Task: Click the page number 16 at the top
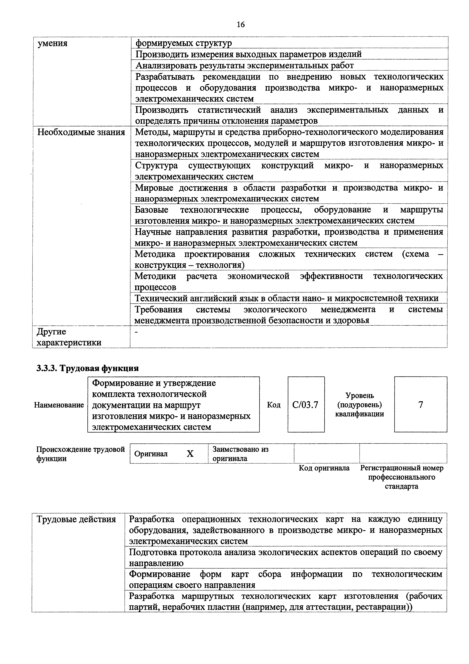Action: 240,25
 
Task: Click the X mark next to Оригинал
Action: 190,454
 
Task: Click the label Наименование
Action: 59,405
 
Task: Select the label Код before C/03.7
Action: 273,405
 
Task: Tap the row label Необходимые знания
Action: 81,132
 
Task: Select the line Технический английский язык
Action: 286,298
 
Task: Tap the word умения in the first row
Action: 53,43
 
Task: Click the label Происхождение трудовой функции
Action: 80,454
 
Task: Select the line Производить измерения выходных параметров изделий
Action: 249,54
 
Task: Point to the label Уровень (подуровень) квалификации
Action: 359,404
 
